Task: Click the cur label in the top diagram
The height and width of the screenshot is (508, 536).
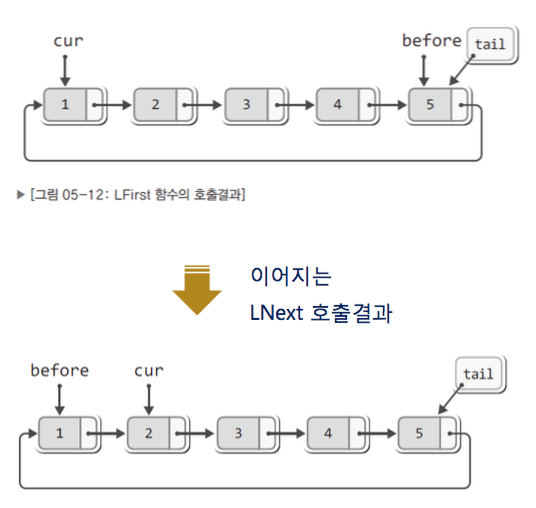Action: [x=68, y=41]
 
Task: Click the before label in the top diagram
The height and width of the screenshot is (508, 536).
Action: [x=432, y=41]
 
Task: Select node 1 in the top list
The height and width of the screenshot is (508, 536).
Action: [x=73, y=105]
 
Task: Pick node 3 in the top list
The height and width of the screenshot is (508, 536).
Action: [x=254, y=105]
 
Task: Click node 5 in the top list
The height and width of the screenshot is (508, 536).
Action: [x=438, y=105]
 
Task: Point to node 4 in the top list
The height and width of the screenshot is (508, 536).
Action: [x=346, y=105]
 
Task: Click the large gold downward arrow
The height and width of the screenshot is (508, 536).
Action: [x=197, y=290]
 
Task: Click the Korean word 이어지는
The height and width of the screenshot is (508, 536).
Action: [x=291, y=276]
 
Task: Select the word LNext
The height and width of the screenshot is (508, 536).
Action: [x=277, y=312]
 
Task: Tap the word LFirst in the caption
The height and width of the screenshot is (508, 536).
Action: [x=132, y=195]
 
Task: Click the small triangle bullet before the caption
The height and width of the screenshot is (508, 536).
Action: [x=21, y=195]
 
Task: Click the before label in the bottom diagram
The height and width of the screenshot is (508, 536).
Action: [x=60, y=371]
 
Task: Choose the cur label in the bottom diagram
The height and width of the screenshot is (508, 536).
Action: [x=149, y=371]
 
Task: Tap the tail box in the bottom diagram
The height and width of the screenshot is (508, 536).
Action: [x=479, y=374]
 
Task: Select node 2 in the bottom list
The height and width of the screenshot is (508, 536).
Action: [x=157, y=433]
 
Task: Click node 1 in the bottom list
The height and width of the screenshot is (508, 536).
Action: [x=68, y=433]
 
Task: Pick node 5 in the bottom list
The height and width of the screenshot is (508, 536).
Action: [x=427, y=433]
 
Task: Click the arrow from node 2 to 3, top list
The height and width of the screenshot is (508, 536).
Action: [x=202, y=105]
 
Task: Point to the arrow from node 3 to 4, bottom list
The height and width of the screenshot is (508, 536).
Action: [x=286, y=434]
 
